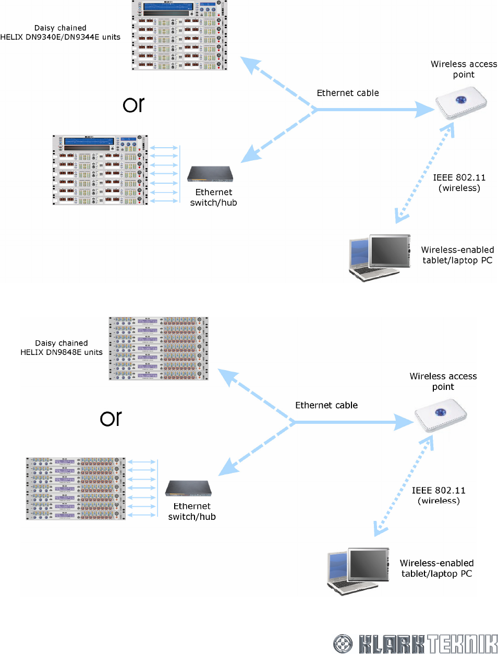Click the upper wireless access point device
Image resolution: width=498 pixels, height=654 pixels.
click(461, 102)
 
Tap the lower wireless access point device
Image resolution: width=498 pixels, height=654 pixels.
click(441, 415)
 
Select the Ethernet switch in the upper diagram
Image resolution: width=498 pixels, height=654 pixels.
click(210, 174)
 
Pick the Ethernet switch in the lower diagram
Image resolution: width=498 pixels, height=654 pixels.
click(188, 488)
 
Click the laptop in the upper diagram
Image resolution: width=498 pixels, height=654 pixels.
click(380, 258)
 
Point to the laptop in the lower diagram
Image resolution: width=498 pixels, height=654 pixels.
click(358, 571)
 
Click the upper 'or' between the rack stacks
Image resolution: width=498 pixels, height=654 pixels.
click(133, 105)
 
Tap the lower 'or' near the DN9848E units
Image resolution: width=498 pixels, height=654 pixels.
click(111, 418)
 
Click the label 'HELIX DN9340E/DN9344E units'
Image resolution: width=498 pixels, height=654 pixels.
click(60, 37)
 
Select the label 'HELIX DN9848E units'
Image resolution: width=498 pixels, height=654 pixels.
click(62, 352)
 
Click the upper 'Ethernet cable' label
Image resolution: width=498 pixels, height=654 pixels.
click(348, 93)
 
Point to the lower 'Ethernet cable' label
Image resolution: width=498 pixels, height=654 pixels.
click(326, 405)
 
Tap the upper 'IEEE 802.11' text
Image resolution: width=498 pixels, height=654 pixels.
click(459, 177)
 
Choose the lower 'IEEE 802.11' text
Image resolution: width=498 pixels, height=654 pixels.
click(439, 490)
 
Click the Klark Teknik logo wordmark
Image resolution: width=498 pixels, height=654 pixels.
click(428, 644)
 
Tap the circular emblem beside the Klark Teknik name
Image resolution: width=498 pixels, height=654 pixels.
click(343, 644)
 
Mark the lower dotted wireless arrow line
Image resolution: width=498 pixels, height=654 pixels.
click(404, 485)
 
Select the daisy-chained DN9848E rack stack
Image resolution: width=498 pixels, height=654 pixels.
click(159, 348)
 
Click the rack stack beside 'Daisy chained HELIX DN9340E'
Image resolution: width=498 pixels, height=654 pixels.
click(179, 35)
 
